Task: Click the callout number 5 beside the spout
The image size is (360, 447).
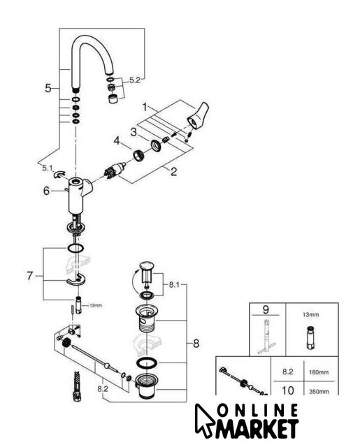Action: [48, 88]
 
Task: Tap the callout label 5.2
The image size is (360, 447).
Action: [135, 80]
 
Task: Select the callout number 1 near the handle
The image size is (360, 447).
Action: [145, 107]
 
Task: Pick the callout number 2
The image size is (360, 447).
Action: [173, 172]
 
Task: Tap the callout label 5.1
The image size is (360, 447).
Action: [48, 168]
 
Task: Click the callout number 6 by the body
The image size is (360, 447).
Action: [47, 191]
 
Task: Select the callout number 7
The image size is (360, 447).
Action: [30, 276]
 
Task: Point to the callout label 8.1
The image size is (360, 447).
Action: [174, 284]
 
